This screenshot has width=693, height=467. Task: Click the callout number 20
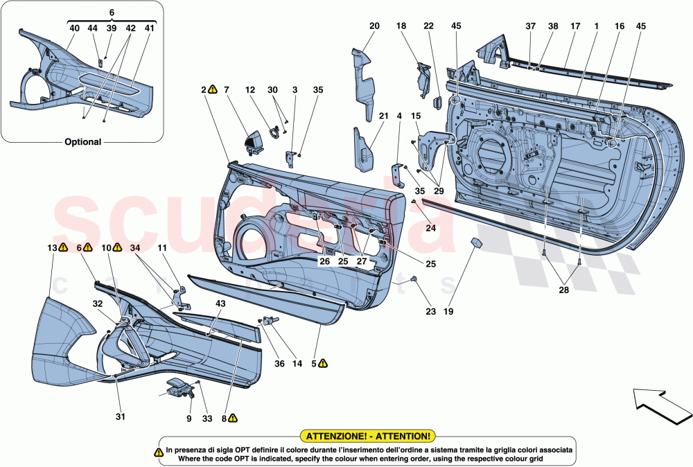click(x=374, y=26)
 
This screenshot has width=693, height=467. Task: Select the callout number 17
click(x=574, y=26)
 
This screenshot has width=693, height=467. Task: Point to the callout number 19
click(x=448, y=312)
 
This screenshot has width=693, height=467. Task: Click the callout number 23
click(x=432, y=312)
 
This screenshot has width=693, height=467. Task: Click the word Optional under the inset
click(x=83, y=141)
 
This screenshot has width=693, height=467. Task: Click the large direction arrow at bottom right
click(x=659, y=407)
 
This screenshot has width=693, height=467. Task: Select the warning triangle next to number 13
click(x=63, y=247)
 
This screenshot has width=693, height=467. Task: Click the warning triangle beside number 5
click(x=324, y=362)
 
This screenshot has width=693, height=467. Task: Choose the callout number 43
click(x=220, y=303)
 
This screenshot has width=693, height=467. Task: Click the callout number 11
click(x=161, y=247)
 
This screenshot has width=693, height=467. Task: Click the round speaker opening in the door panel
click(x=254, y=243)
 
